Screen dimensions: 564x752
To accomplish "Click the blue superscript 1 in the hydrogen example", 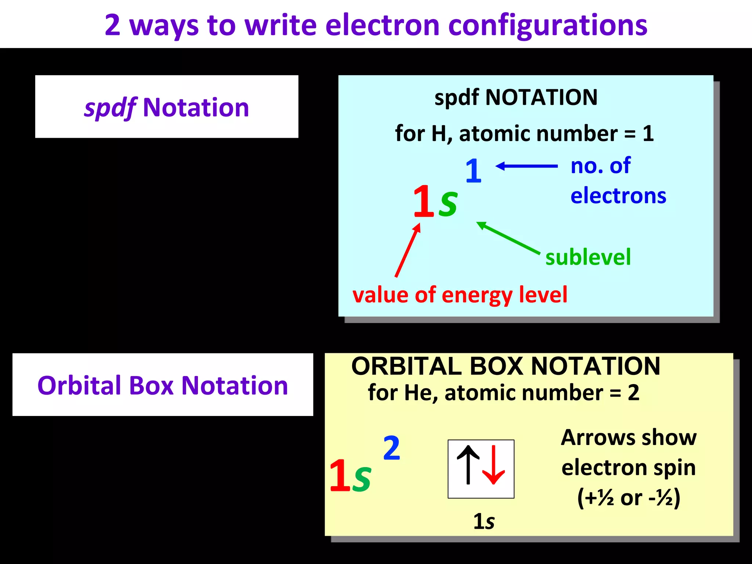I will point(473,171).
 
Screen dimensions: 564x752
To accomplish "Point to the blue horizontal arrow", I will point(527,166).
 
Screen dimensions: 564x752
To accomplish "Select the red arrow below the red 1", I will point(408,250).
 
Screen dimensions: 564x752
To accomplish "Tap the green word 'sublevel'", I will point(588,257).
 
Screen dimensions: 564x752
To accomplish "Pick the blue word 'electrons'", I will point(618,196).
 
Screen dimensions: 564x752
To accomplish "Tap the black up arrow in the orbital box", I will point(468,465).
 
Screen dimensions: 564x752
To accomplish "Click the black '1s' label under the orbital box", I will point(484,521).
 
